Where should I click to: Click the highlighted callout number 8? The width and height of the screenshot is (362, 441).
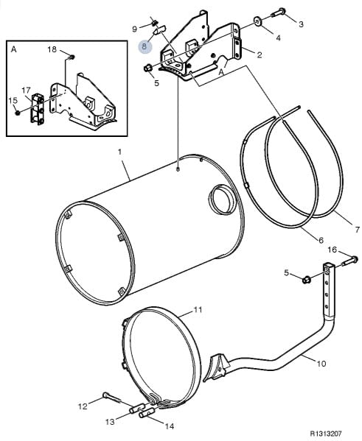point(145,46)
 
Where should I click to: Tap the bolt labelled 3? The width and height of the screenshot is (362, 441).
point(279,13)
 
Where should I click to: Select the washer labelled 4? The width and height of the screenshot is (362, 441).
point(257,21)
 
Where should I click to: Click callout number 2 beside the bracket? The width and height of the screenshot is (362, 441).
point(260,54)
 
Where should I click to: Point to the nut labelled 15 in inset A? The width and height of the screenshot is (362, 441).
point(17,113)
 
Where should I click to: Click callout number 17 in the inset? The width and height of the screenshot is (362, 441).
point(26,91)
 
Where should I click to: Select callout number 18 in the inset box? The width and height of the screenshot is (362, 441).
point(52,50)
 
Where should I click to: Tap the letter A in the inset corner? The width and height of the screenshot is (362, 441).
point(13,49)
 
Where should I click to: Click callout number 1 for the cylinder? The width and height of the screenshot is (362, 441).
point(119,152)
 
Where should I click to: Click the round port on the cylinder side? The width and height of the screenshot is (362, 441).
point(222,199)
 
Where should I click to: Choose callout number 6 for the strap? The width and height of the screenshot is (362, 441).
point(321,240)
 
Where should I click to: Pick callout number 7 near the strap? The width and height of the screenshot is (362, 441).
point(358,230)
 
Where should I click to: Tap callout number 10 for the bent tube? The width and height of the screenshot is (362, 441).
point(321,364)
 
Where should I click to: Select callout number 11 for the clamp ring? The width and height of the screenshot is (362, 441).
point(198,310)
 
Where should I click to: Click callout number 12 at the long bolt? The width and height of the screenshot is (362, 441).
point(83,406)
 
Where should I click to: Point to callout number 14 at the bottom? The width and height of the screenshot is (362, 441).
point(170,426)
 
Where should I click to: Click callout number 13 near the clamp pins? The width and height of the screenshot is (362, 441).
point(110,422)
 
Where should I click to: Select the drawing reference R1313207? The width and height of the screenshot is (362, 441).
point(326,434)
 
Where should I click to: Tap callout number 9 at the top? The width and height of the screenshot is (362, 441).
point(135,29)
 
